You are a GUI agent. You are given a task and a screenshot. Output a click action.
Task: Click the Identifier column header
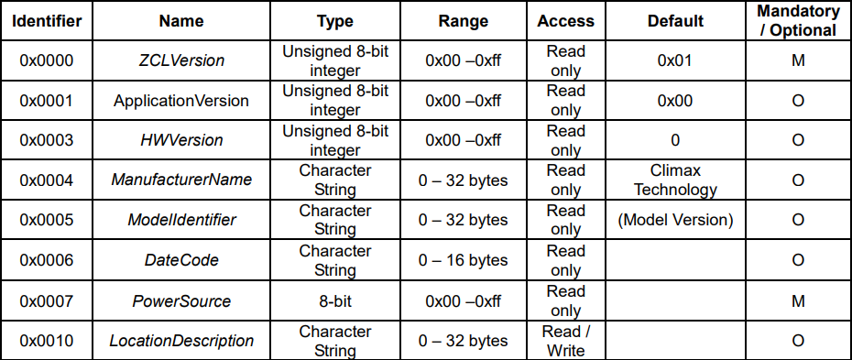click(47, 21)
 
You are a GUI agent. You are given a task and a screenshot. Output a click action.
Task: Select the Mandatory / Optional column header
click(798, 21)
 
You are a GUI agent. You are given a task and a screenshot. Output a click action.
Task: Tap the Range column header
click(464, 21)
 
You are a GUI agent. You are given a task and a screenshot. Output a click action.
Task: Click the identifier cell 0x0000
click(46, 60)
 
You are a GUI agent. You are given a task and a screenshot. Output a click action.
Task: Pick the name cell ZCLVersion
click(181, 60)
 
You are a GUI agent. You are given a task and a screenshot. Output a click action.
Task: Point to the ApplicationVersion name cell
click(181, 101)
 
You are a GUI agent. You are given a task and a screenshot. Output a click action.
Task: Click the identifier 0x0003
click(46, 140)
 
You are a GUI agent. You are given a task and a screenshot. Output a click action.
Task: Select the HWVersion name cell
click(181, 140)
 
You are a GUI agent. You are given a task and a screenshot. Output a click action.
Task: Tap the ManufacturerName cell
click(181, 180)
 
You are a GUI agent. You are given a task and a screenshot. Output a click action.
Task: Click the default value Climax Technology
click(675, 180)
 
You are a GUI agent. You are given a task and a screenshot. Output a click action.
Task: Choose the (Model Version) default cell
click(675, 220)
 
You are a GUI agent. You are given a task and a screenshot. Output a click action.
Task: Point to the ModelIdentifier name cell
click(181, 220)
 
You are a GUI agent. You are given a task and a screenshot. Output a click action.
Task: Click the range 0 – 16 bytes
click(464, 260)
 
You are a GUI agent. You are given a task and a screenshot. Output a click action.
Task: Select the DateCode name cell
click(181, 260)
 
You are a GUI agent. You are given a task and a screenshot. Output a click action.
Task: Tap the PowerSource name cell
click(181, 300)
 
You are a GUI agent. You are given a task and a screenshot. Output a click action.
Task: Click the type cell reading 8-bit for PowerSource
click(335, 300)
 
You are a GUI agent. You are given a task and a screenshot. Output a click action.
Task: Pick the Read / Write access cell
click(565, 341)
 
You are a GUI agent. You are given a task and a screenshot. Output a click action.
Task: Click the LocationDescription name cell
click(181, 341)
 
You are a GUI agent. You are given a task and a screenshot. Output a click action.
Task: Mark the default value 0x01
click(675, 60)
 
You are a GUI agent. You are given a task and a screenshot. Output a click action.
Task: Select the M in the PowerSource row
click(798, 300)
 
